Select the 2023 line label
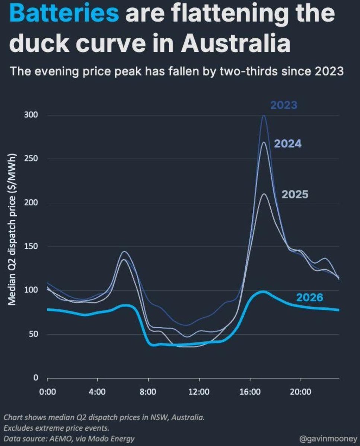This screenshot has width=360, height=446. [284, 105]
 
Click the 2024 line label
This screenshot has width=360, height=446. [288, 144]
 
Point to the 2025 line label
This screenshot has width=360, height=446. [295, 195]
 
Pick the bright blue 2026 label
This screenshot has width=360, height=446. [310, 298]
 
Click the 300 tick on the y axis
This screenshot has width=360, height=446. [31, 115]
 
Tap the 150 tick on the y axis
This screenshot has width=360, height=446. [31, 246]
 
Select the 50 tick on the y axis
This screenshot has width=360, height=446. [33, 334]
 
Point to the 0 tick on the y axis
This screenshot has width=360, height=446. [36, 378]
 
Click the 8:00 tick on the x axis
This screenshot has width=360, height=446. [148, 392]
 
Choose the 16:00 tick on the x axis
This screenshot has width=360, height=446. [250, 392]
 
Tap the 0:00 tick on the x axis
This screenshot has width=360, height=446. [48, 392]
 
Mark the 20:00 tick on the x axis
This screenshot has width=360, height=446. [300, 392]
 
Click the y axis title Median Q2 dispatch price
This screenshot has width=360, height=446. [12, 230]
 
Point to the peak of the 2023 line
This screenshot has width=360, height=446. [264, 115]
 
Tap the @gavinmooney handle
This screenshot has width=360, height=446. [328, 439]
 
